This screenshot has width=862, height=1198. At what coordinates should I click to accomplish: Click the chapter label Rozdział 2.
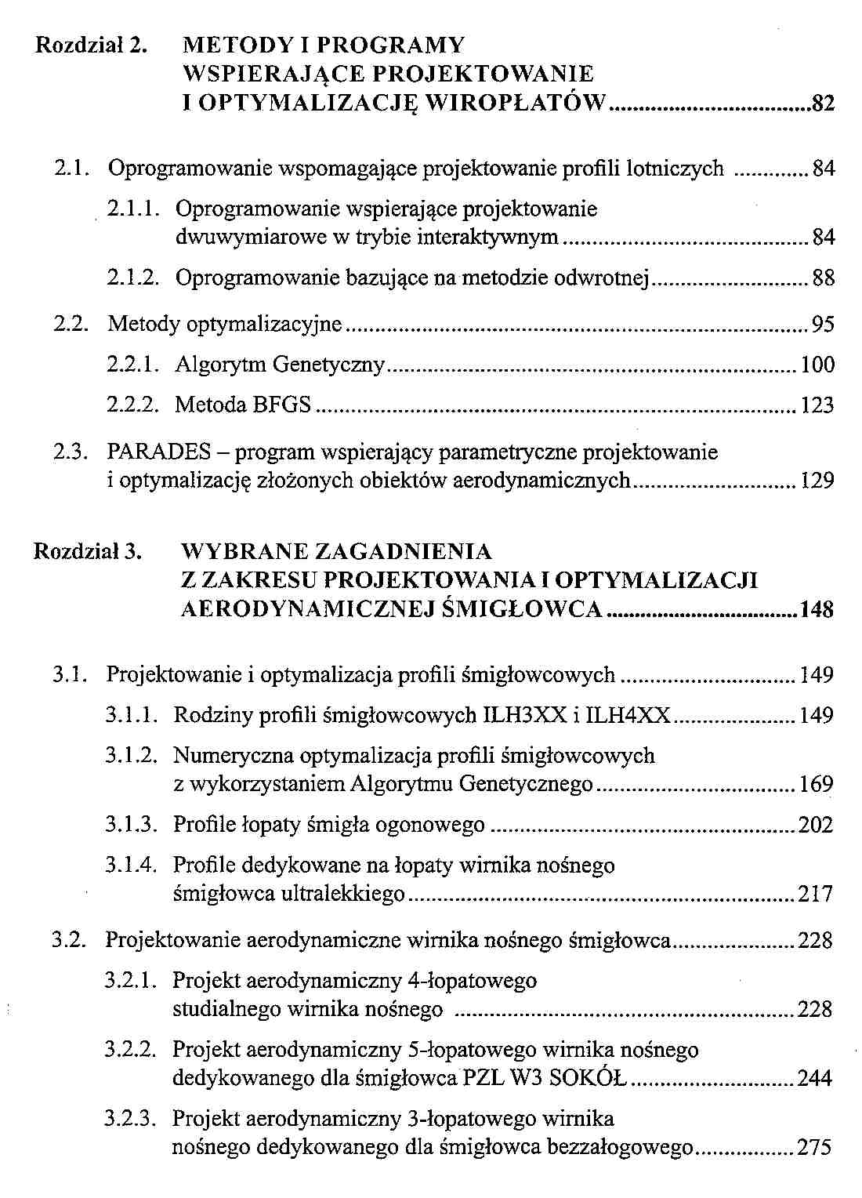pos(92,45)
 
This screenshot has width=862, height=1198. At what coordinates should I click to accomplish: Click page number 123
pos(817,405)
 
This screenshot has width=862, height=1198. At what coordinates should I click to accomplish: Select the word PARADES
pos(159,452)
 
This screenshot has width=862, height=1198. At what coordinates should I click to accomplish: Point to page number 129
pos(817,481)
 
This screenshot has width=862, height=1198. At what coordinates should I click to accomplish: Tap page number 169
pos(815,784)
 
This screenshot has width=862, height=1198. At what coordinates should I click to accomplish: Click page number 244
pos(815,1078)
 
